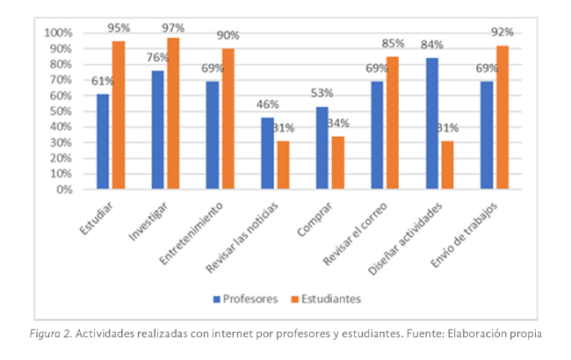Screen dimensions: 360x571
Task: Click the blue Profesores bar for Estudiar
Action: (103, 141)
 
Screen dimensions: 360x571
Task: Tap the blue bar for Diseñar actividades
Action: (431, 123)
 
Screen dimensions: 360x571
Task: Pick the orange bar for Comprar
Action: (337, 162)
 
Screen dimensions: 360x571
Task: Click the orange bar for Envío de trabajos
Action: (502, 118)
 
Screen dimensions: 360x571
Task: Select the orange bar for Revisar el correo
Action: (392, 123)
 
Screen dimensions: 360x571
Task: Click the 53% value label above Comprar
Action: (322, 94)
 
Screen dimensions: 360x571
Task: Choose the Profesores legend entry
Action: (245, 299)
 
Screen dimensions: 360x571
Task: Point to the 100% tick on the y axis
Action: (59, 33)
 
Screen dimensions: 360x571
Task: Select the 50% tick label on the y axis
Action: (61, 111)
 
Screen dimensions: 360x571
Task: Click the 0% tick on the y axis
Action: (65, 189)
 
